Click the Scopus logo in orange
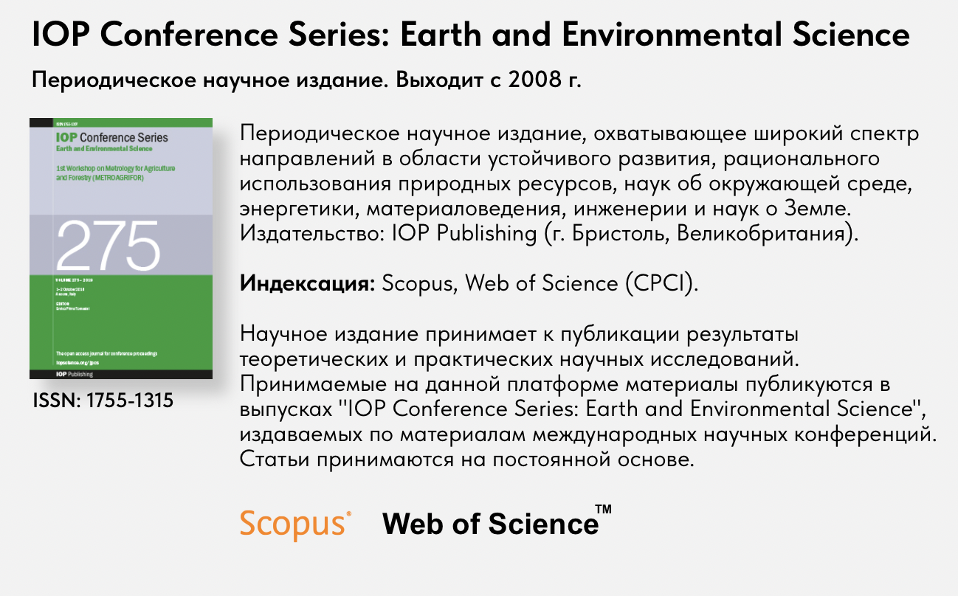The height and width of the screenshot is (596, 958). click(x=294, y=523)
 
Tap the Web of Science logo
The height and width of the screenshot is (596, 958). click(x=490, y=524)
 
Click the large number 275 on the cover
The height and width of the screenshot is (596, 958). click(x=108, y=245)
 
